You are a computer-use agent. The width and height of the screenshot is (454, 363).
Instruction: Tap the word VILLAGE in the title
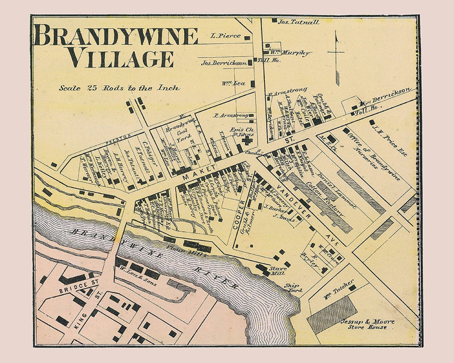121,58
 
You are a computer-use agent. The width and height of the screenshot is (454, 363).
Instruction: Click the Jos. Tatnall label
298,21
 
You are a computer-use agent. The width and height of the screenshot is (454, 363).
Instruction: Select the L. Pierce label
226,36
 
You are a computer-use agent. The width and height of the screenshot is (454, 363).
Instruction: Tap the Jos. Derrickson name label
224,63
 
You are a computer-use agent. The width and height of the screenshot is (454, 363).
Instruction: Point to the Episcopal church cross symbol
245,141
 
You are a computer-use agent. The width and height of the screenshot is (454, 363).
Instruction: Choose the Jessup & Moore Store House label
368,324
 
